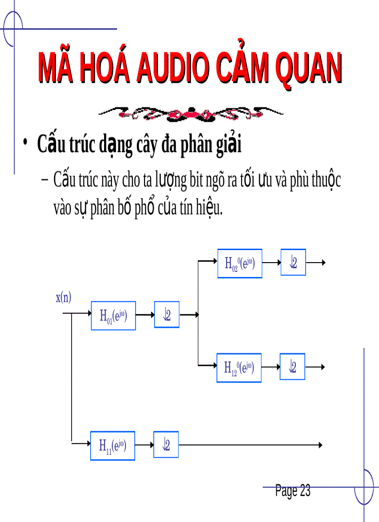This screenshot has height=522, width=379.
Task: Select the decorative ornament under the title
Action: click(x=191, y=113)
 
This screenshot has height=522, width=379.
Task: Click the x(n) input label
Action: click(x=64, y=298)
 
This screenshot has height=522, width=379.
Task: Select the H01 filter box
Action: click(x=113, y=316)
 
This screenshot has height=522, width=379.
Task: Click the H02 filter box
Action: click(x=240, y=264)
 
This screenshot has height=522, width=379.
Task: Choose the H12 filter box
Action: click(x=239, y=368)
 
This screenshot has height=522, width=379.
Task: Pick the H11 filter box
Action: click(x=112, y=446)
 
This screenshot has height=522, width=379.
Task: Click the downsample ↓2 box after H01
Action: click(x=167, y=315)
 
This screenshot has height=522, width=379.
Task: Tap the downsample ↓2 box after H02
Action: click(x=293, y=263)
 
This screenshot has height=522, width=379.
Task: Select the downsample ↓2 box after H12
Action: click(x=292, y=367)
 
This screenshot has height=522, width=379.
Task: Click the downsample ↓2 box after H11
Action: click(x=166, y=445)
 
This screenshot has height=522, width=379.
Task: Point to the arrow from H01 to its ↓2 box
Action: click(x=145, y=315)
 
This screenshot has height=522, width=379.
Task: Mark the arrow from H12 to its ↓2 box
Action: click(x=270, y=367)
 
